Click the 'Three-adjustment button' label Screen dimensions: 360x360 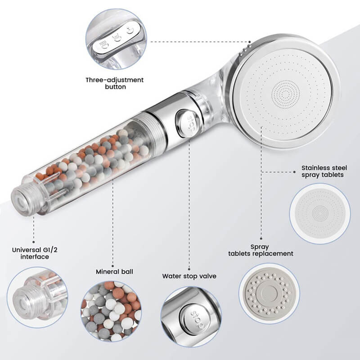[x=115, y=83]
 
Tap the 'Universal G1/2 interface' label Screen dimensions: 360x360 [x=35, y=253]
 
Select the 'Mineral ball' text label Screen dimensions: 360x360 [x=114, y=272]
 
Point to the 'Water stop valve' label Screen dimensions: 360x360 [x=189, y=276]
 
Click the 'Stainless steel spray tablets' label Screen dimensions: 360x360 [x=324, y=171]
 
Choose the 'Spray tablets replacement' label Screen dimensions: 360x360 [x=261, y=250]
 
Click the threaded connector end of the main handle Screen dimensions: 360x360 [x=22, y=200]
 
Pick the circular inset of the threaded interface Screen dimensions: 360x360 [x=37, y=297]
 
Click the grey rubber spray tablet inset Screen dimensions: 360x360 [x=269, y=293]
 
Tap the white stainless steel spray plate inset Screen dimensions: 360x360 [x=320, y=214]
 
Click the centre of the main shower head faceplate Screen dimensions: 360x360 [x=285, y=94]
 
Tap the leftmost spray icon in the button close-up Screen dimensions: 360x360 [x=104, y=45]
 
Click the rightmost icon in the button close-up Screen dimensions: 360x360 [x=130, y=30]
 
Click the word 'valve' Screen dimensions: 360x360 [x=208, y=276]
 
